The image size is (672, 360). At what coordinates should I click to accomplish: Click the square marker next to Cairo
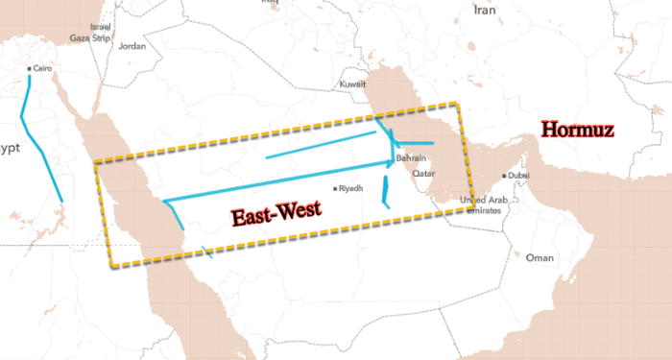[29, 69]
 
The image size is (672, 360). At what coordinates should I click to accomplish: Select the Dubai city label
[518, 176]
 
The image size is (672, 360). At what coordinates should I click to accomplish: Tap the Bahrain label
[411, 157]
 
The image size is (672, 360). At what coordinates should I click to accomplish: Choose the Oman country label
[540, 257]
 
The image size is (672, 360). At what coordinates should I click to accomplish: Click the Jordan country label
[132, 45]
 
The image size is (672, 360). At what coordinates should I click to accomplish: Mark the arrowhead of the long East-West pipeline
[392, 161]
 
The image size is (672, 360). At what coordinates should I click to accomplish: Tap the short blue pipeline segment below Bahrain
[384, 194]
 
